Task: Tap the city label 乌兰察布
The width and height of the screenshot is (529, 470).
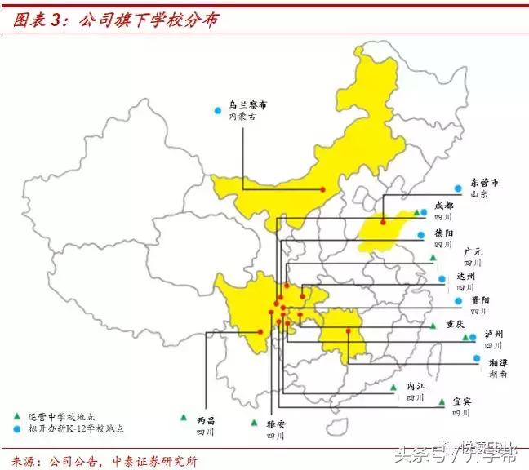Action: pos(247,105)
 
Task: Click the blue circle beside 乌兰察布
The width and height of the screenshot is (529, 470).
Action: pos(216,110)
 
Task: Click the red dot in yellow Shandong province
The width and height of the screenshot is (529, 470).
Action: pos(382,220)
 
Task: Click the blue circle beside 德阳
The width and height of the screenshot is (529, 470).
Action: pos(420,236)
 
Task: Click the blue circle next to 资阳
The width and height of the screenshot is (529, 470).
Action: pos(451,300)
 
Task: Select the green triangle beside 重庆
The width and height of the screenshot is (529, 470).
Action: pos(433,325)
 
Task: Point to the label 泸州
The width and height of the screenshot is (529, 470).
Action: pos(493,335)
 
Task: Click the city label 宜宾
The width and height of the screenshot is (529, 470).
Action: pos(462,401)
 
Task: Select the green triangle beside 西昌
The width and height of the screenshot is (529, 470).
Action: pos(186,418)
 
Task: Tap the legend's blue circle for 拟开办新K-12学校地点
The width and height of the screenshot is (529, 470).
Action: pos(17,428)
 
